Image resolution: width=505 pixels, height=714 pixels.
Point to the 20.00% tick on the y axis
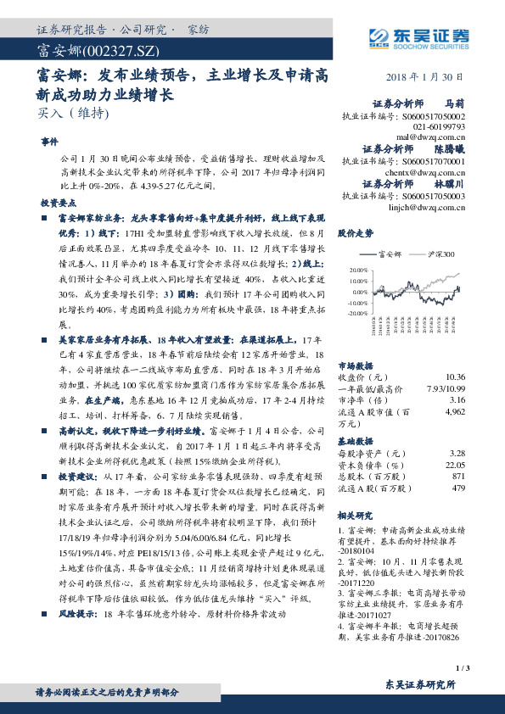pos(357,270)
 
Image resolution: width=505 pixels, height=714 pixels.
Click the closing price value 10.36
pos(455,376)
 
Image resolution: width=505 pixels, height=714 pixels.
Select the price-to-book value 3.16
pos(457,398)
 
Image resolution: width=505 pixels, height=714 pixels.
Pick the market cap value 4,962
pos(455,410)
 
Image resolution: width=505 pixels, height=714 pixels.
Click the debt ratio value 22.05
pos(455,465)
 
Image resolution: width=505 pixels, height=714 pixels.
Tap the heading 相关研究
pos(356,515)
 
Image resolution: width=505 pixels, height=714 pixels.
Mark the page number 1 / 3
pos(462,667)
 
